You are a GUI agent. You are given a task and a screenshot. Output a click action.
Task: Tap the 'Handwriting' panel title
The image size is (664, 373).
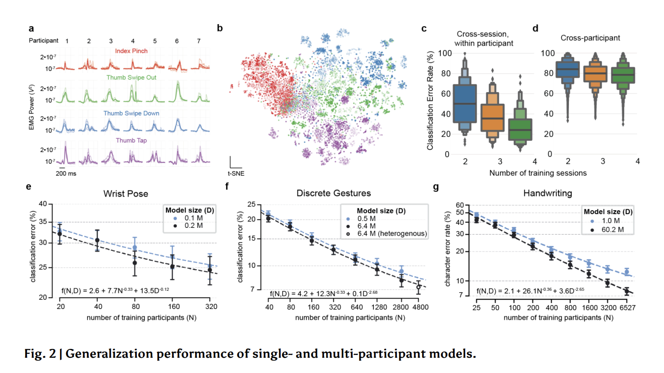[x=547, y=193]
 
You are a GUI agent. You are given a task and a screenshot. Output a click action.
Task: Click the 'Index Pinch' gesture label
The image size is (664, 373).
[x=131, y=51]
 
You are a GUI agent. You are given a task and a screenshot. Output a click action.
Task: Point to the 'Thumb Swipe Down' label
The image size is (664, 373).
[x=131, y=113]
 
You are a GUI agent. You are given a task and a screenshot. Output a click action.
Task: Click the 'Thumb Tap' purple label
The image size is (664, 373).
[x=131, y=140]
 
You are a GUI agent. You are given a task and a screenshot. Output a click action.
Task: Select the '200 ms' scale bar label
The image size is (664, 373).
[x=66, y=173]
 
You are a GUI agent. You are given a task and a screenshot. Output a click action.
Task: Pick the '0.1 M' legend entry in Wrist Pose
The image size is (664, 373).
[x=183, y=218]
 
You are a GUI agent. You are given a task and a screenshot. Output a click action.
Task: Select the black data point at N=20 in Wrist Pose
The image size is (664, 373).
[x=60, y=234]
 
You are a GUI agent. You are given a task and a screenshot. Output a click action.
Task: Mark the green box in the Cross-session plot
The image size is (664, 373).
[x=522, y=129]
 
